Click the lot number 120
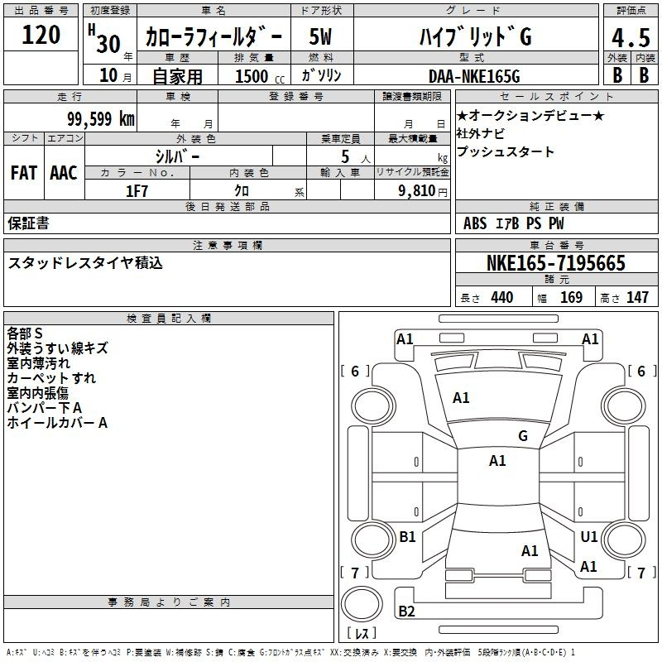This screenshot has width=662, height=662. pyautogui.click(x=41, y=35)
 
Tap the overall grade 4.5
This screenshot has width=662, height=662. pyautogui.click(x=631, y=37)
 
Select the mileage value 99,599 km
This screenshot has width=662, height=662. pyautogui.click(x=101, y=119)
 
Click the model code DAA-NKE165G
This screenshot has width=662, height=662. pyautogui.click(x=474, y=76)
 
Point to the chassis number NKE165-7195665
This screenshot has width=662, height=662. pyautogui.click(x=555, y=263)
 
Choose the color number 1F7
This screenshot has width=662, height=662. pyautogui.click(x=137, y=191)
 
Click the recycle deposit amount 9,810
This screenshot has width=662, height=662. pyautogui.click(x=417, y=191)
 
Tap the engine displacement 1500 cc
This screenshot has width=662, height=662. pyautogui.click(x=260, y=76)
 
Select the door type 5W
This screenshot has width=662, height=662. pyautogui.click(x=320, y=36)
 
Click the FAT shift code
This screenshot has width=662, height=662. pyautogui.click(x=24, y=173)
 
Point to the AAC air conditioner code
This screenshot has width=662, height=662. pyautogui.click(x=64, y=173)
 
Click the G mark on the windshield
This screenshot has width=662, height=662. pyautogui.click(x=523, y=436)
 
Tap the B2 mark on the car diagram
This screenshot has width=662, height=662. pyautogui.click(x=406, y=612)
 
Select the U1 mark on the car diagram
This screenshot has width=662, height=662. pyautogui.click(x=589, y=536)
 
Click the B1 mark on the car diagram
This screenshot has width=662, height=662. pyautogui.click(x=407, y=536)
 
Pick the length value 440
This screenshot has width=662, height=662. pyautogui.click(x=502, y=297)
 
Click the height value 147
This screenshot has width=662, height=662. pyautogui.click(x=637, y=297)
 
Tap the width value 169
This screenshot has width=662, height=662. pyautogui.click(x=571, y=297)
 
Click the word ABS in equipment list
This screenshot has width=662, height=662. pyautogui.click(x=475, y=223)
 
